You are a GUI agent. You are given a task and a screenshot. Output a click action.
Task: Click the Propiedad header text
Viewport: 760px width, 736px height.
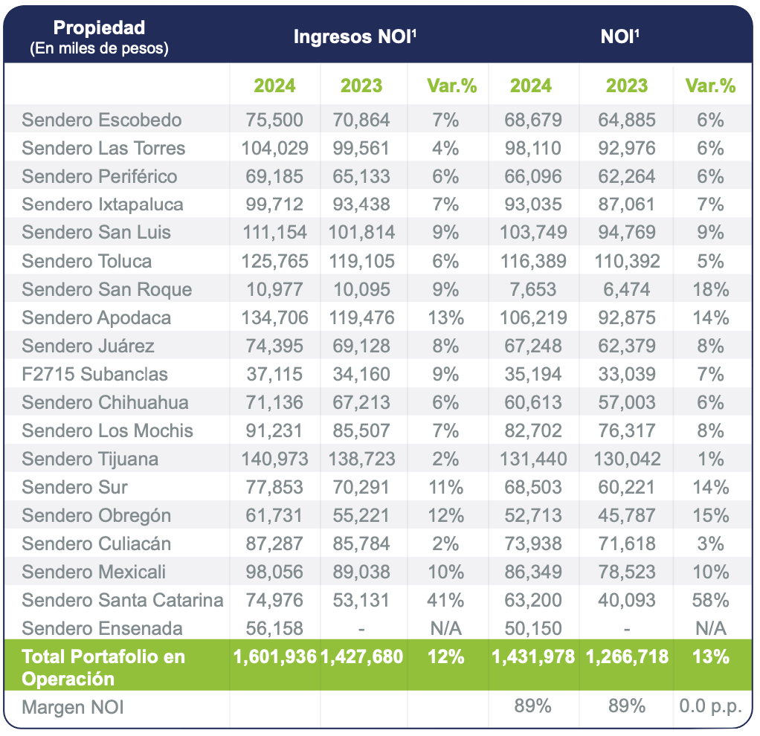(x=99, y=28)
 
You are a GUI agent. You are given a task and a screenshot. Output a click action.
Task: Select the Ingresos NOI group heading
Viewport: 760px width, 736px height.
(x=354, y=37)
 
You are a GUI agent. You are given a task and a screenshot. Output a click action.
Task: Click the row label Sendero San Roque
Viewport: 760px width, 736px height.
(x=106, y=289)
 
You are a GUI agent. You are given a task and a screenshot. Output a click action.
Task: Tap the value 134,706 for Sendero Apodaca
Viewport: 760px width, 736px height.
(x=274, y=317)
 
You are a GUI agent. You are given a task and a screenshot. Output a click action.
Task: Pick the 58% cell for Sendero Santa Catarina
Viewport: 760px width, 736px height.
(x=710, y=600)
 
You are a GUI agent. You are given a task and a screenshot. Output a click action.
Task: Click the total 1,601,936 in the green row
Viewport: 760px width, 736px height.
(x=274, y=656)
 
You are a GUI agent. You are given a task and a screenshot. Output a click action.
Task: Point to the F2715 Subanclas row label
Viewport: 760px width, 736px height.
(x=94, y=374)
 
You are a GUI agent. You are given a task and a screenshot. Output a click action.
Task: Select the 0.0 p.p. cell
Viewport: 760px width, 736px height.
(x=710, y=706)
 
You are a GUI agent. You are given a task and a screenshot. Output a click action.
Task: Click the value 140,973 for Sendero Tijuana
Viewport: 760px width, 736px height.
(x=274, y=459)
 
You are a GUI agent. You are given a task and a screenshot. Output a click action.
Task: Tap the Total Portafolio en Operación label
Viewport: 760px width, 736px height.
(x=103, y=667)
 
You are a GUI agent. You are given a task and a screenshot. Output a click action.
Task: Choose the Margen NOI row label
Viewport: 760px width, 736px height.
(x=73, y=707)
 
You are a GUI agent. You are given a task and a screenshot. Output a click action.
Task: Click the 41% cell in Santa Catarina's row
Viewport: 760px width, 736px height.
(x=446, y=600)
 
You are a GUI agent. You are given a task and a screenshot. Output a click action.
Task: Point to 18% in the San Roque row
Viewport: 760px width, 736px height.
(x=710, y=289)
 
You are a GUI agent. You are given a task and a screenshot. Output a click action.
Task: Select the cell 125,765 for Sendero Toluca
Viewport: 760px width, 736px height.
(x=274, y=261)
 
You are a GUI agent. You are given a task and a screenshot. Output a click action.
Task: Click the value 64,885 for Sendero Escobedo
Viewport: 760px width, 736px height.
(x=626, y=120)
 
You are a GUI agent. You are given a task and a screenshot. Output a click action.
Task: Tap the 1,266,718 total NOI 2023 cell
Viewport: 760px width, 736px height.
(x=626, y=656)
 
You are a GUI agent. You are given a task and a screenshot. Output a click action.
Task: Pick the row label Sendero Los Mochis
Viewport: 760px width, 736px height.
(x=107, y=430)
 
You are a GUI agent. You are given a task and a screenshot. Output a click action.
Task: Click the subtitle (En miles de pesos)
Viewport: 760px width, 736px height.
(x=99, y=49)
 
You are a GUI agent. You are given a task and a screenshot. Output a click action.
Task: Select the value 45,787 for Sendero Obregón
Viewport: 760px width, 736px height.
(x=626, y=515)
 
